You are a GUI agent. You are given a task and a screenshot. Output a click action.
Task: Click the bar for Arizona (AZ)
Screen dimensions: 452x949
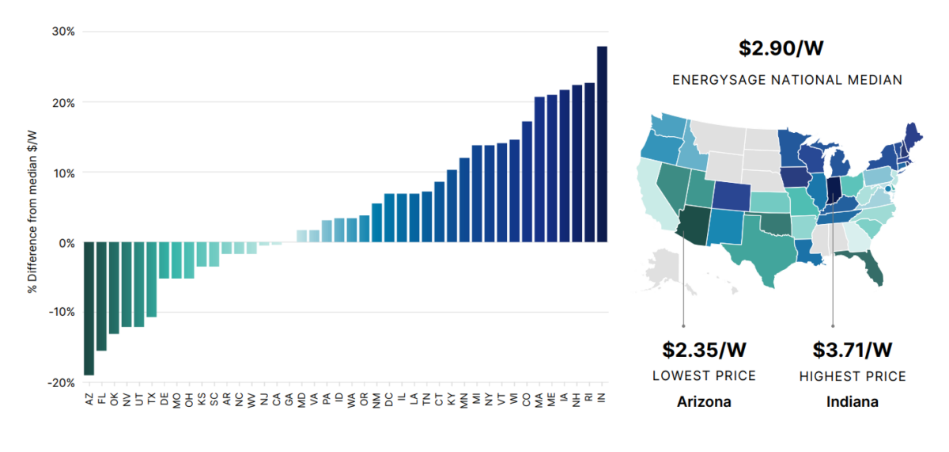(89, 308)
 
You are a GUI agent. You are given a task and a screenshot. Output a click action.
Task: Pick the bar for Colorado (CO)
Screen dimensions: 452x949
(527, 182)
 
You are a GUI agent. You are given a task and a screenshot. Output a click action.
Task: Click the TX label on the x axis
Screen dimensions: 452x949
(152, 400)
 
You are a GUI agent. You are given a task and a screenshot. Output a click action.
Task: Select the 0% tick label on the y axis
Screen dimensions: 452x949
(66, 243)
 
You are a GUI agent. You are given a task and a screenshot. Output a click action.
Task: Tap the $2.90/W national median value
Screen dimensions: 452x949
(781, 47)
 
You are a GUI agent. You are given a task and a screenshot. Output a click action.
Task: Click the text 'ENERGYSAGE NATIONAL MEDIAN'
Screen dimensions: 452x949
(787, 80)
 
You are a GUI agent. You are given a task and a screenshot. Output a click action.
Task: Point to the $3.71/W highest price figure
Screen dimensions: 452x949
(853, 349)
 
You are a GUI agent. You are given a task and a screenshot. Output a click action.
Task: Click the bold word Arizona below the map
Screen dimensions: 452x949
(704, 401)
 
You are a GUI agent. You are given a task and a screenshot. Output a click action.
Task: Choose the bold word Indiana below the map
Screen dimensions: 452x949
(853, 401)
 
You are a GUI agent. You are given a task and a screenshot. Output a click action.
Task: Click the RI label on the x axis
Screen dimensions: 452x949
(590, 400)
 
